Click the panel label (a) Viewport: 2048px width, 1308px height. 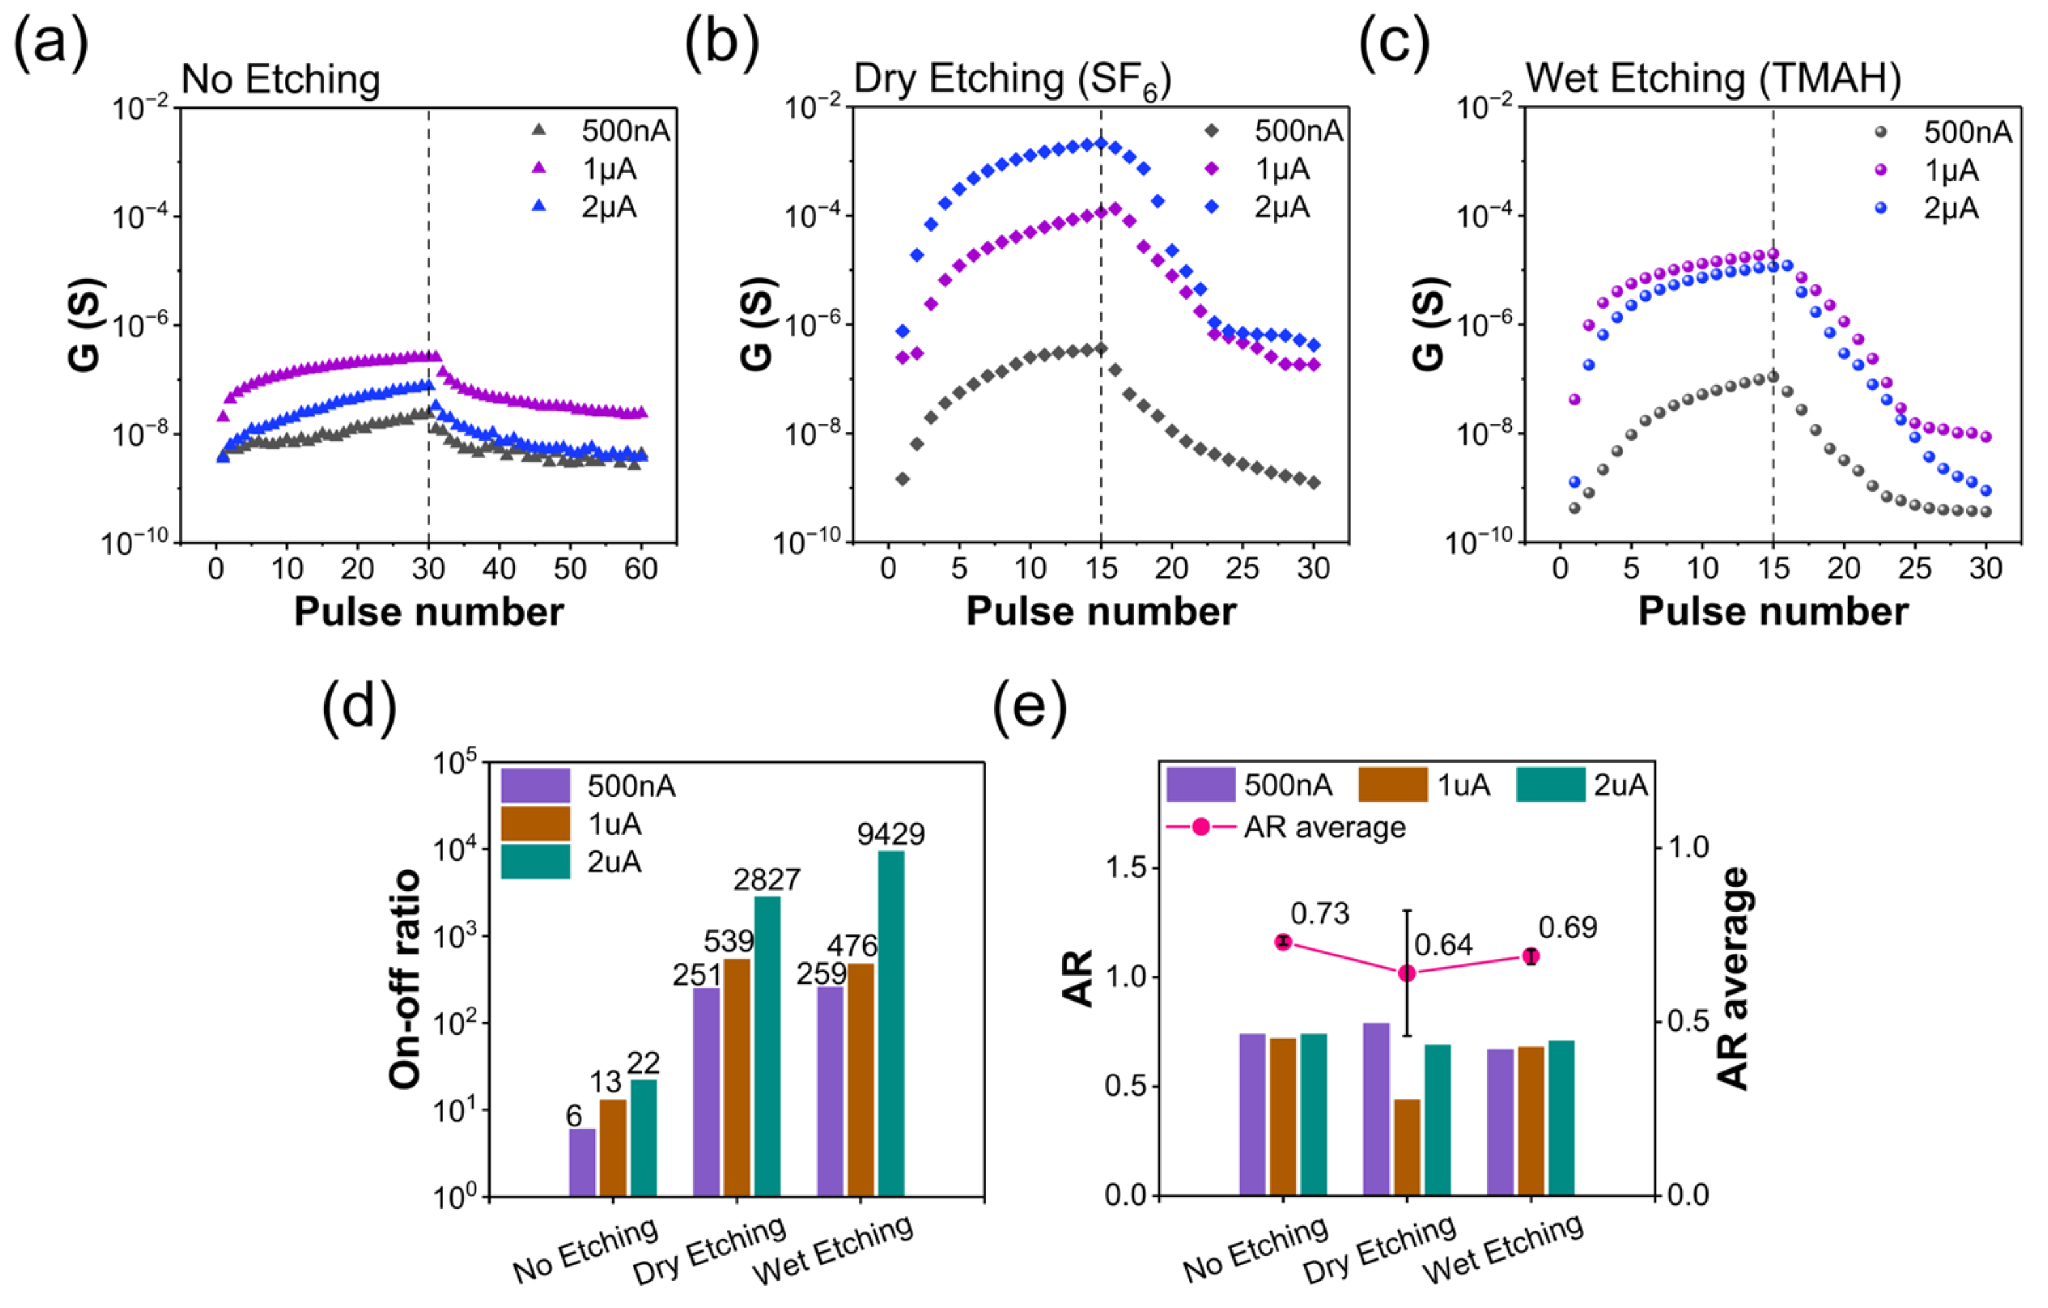pos(51,43)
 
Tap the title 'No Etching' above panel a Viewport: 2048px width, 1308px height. pos(281,80)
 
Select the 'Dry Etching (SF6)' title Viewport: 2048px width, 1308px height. pos(1012,80)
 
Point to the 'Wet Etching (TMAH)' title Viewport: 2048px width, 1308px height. pos(1713,79)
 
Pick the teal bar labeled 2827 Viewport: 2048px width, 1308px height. pos(767,1046)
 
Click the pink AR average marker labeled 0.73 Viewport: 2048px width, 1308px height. pos(1283,942)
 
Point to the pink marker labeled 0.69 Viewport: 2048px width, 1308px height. pos(1531,957)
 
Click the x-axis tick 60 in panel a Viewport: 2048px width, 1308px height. pos(640,569)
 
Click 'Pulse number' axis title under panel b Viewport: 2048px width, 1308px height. pos(1101,611)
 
